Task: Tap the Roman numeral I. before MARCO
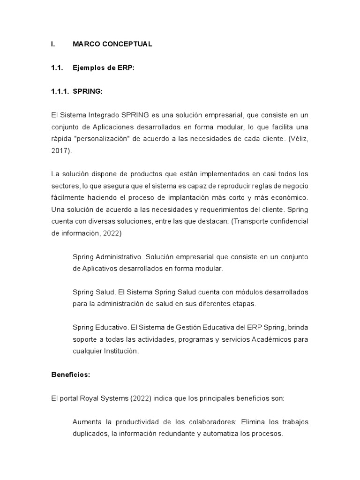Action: (53, 44)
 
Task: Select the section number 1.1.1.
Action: (60, 91)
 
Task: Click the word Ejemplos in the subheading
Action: (88, 68)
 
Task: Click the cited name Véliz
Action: (299, 139)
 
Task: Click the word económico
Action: (289, 198)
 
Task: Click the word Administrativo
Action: (120, 257)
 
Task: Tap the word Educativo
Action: (111, 327)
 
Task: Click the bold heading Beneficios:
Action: (70, 375)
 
